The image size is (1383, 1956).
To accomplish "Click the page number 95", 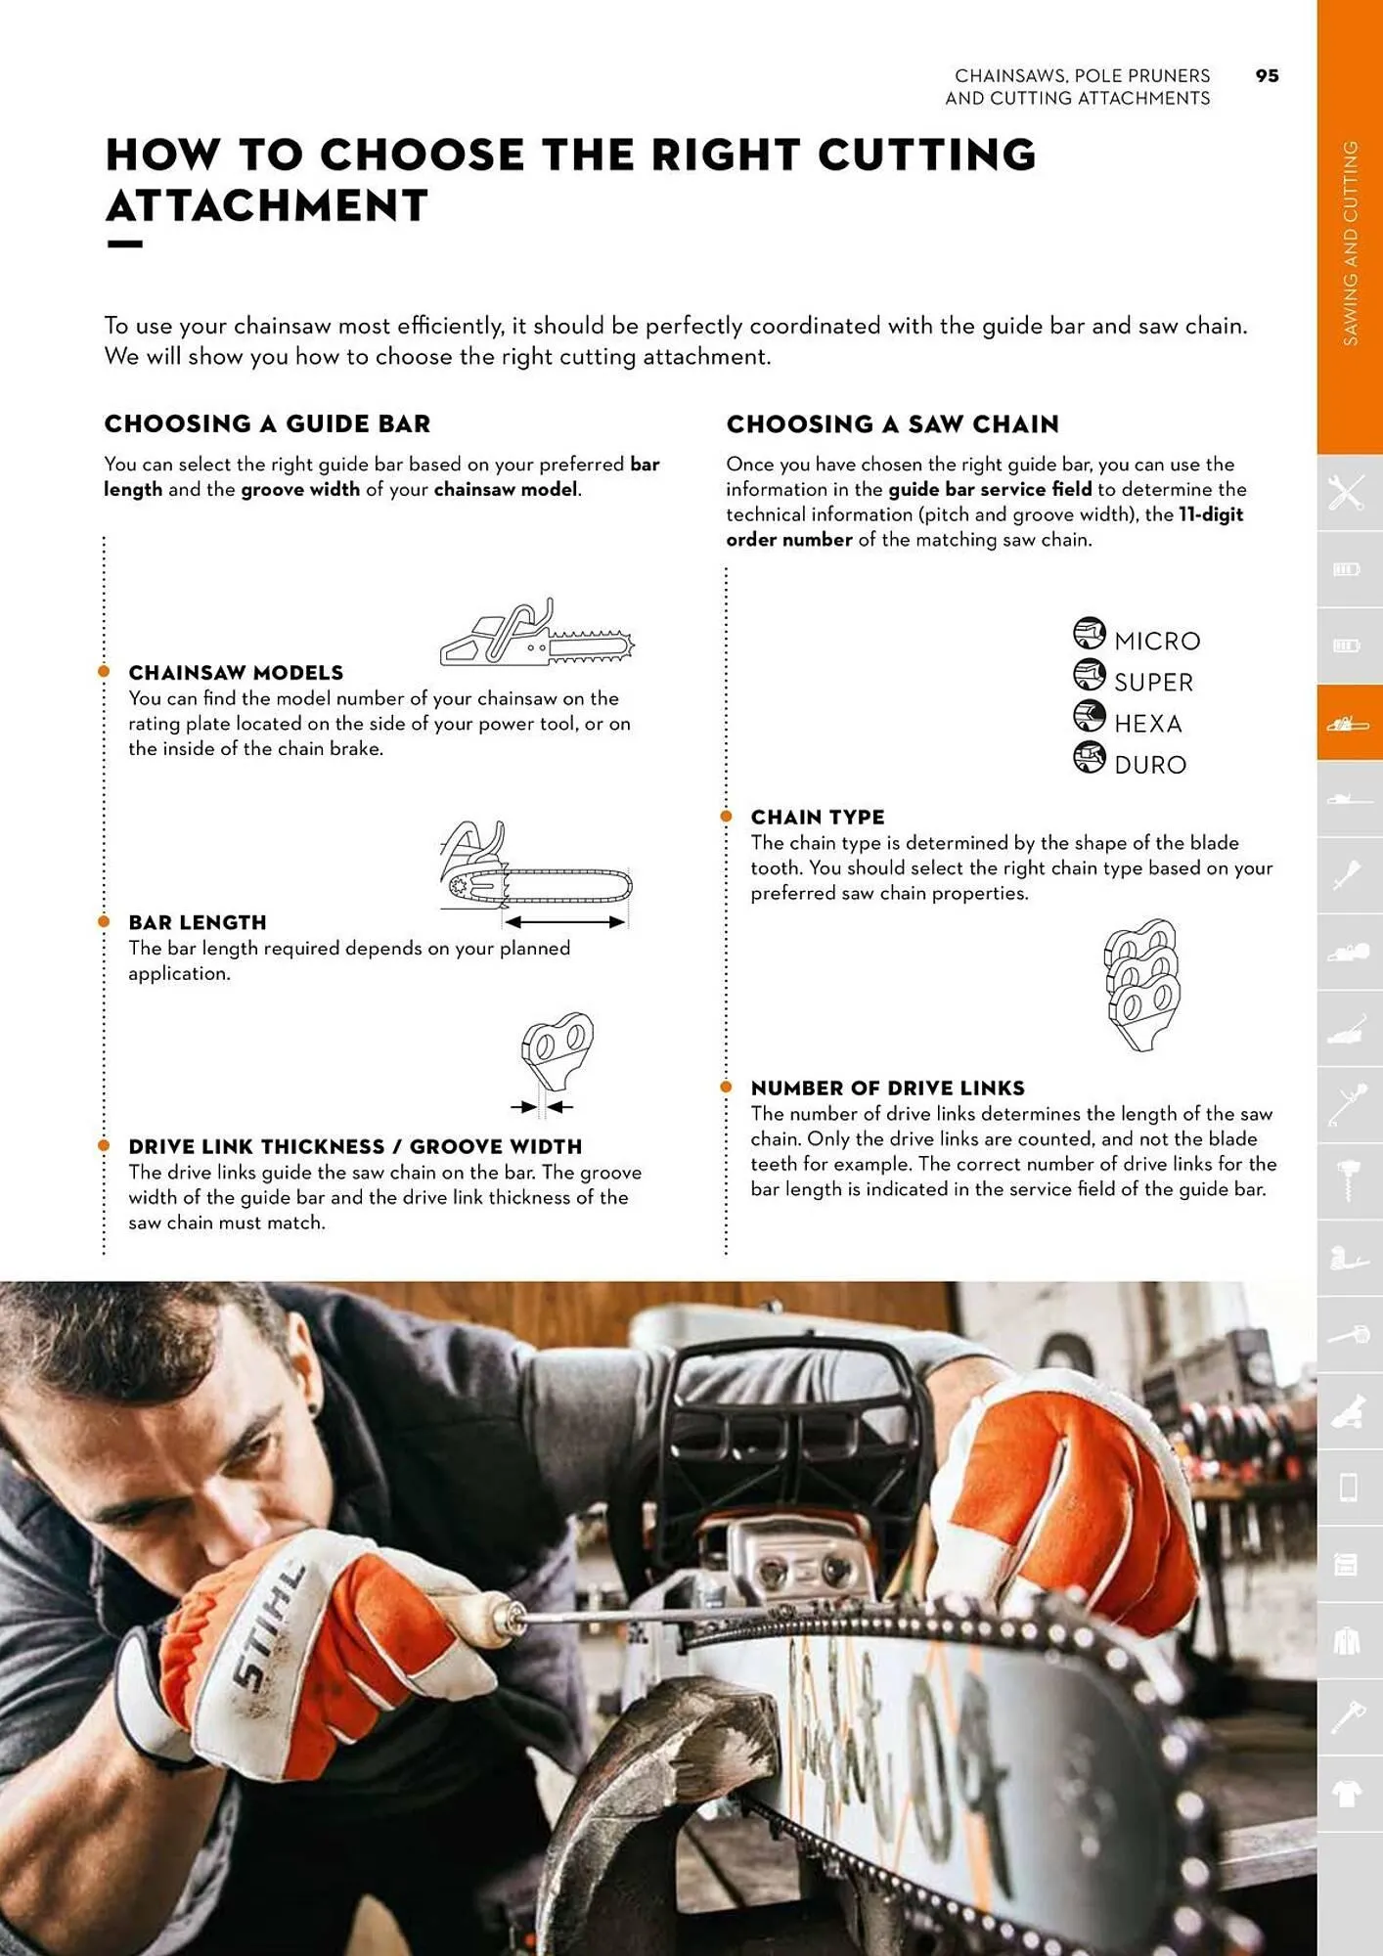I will [x=1267, y=76].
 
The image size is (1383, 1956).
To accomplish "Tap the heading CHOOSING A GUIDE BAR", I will [x=267, y=423].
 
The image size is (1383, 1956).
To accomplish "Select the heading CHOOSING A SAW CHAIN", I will [x=892, y=423].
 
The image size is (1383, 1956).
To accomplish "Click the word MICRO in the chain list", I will [x=1157, y=641].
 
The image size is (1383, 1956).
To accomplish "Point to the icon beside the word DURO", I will [x=1089, y=757].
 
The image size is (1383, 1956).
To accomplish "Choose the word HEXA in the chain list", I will [x=1148, y=724].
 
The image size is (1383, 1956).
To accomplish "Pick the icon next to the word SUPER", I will [x=1089, y=675].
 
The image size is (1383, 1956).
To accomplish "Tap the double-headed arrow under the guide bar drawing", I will [x=564, y=922].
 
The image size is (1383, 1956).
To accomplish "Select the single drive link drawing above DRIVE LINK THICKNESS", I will [x=557, y=1051].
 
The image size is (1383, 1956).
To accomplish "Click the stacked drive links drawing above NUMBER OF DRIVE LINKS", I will [x=1141, y=984].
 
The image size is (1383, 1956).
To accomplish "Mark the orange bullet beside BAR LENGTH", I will [x=104, y=921].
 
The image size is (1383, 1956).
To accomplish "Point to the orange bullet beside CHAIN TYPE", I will [x=726, y=816].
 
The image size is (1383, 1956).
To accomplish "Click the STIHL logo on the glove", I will [x=269, y=1628].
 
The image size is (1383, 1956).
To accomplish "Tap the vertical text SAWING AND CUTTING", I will [x=1350, y=243].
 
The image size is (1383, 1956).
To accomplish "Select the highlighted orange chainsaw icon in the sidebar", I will [x=1349, y=724].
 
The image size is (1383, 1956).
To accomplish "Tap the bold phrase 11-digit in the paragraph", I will [x=1211, y=514].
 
